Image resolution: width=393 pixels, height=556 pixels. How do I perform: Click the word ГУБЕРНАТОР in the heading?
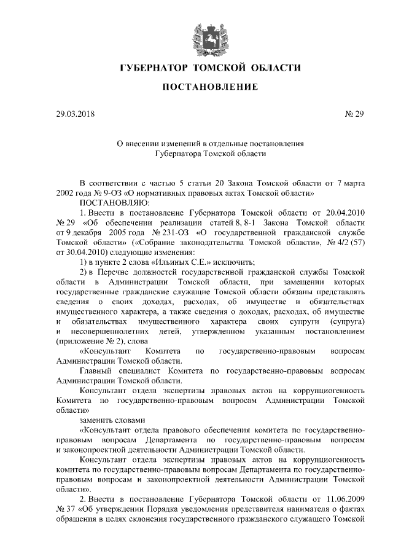pyautogui.click(x=154, y=67)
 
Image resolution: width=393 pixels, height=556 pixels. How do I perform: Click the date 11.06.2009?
pyautogui.click(x=345, y=505)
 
